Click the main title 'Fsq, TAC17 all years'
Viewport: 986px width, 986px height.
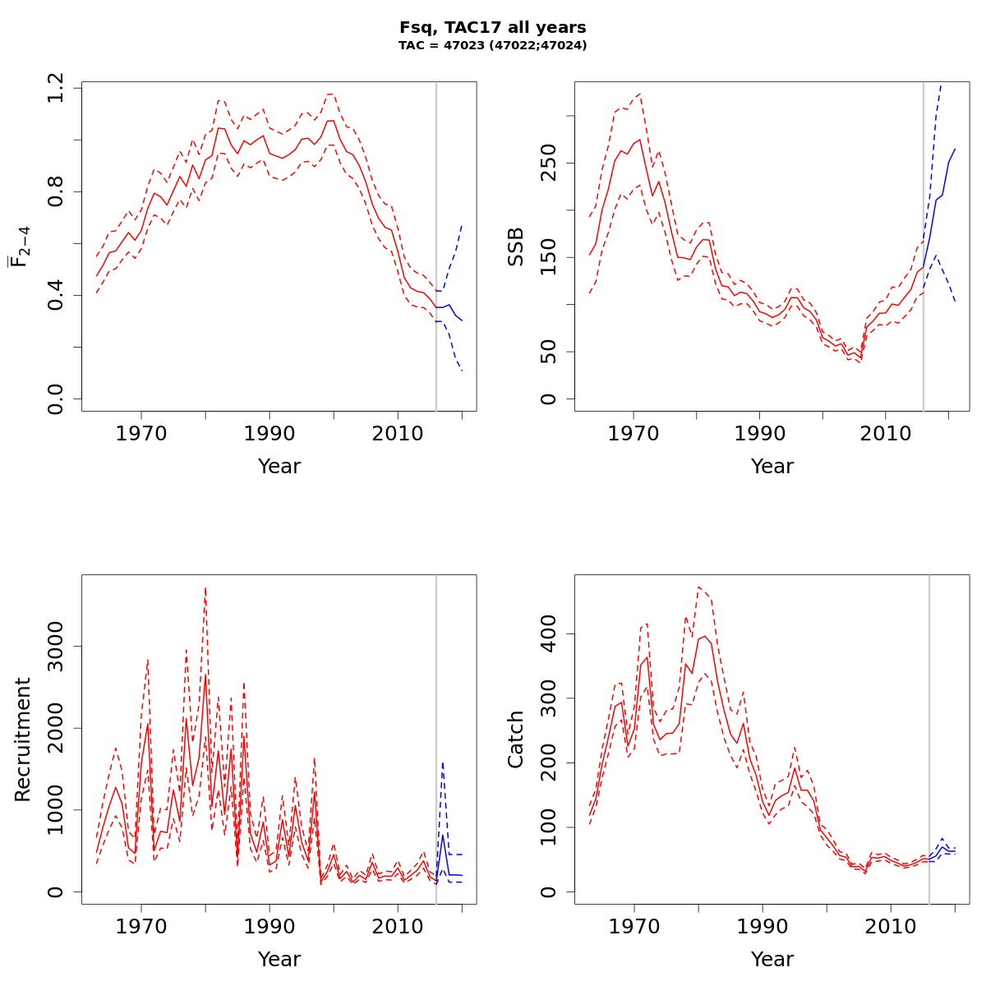pyautogui.click(x=492, y=28)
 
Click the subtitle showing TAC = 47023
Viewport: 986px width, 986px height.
pyautogui.click(x=492, y=46)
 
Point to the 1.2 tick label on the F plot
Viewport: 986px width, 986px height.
pyautogui.click(x=56, y=88)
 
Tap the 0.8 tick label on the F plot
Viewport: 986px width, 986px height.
pyautogui.click(x=56, y=191)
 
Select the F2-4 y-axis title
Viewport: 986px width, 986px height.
pyautogui.click(x=20, y=246)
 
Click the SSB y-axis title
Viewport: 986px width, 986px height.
pyautogui.click(x=516, y=246)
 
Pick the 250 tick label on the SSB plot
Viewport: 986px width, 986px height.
pyautogui.click(x=549, y=162)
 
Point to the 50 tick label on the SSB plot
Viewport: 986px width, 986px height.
pyautogui.click(x=549, y=352)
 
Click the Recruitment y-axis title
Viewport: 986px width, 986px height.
pyautogui.click(x=22, y=739)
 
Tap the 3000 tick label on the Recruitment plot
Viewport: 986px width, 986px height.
pyautogui.click(x=56, y=646)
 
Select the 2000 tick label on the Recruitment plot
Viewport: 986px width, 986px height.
pyautogui.click(x=56, y=728)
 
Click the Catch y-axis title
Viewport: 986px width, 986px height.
pyautogui.click(x=516, y=739)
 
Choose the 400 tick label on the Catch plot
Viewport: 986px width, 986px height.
pyautogui.click(x=549, y=634)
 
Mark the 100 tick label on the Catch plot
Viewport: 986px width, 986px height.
pyautogui.click(x=549, y=827)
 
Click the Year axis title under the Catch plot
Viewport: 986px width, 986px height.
pyautogui.click(x=772, y=959)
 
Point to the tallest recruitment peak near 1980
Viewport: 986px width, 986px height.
pyautogui.click(x=205, y=588)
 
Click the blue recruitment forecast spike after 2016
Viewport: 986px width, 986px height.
pyautogui.click(x=443, y=763)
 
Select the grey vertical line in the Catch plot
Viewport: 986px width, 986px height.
pyautogui.click(x=929, y=739)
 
